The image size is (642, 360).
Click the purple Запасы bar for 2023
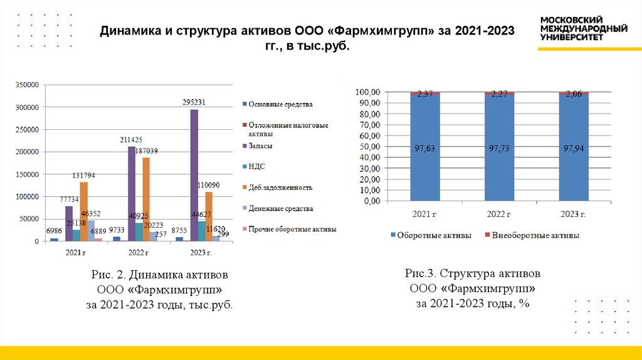pos(194,176)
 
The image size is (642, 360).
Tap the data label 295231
pos(194,102)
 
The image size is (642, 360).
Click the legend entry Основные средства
pos(280,104)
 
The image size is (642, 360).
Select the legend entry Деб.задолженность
pos(280,188)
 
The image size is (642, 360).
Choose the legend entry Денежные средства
pos(280,208)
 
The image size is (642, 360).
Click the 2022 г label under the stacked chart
pos(498,214)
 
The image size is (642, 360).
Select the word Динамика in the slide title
pos(130,31)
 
